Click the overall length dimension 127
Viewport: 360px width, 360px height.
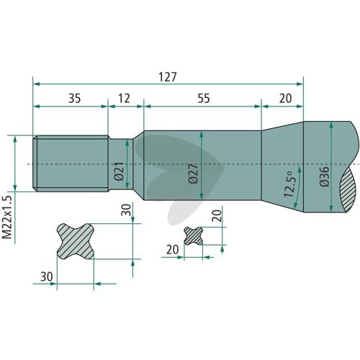(x=168, y=77)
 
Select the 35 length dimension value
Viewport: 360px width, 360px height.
(x=75, y=99)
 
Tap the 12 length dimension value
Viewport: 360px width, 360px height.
(x=124, y=99)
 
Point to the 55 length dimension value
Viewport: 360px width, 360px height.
(x=204, y=99)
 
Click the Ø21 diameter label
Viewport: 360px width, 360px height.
(x=120, y=171)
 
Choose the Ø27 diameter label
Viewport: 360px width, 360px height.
(x=193, y=174)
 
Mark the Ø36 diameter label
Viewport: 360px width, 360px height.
(x=325, y=176)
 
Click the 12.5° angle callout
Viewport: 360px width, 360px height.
(x=289, y=184)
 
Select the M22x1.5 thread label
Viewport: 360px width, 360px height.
(x=7, y=217)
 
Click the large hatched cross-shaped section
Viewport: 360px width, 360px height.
(x=76, y=241)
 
